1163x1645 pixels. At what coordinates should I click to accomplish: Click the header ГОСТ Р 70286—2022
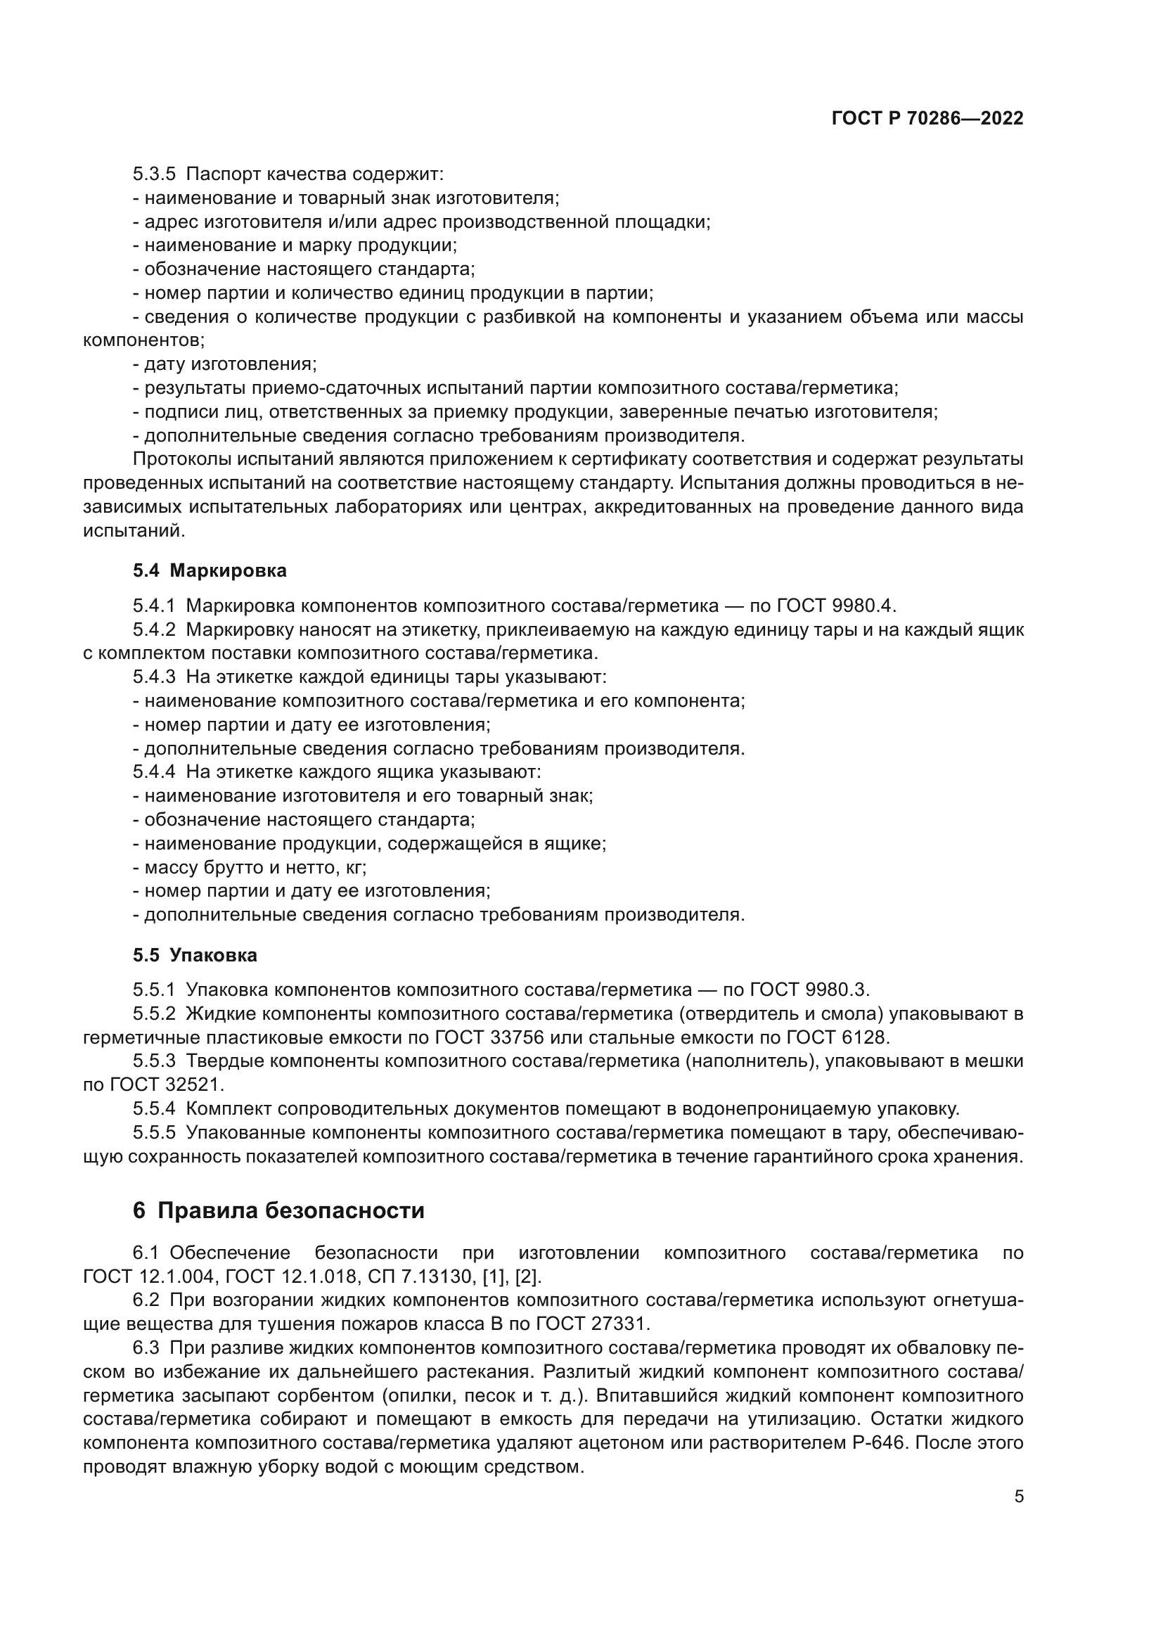pyautogui.click(x=927, y=119)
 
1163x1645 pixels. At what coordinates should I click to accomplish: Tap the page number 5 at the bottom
pyautogui.click(x=1018, y=1497)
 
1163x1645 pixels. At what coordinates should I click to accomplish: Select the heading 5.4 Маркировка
pyautogui.click(x=209, y=571)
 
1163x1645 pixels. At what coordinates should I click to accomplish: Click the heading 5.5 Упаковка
pyautogui.click(x=195, y=956)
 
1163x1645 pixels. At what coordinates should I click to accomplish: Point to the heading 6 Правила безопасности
pyautogui.click(x=278, y=1210)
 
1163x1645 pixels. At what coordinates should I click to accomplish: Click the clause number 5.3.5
pyautogui.click(x=153, y=174)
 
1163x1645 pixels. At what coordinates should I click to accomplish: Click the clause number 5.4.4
pyautogui.click(x=153, y=772)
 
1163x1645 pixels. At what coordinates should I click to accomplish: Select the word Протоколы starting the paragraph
pyautogui.click(x=179, y=459)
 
